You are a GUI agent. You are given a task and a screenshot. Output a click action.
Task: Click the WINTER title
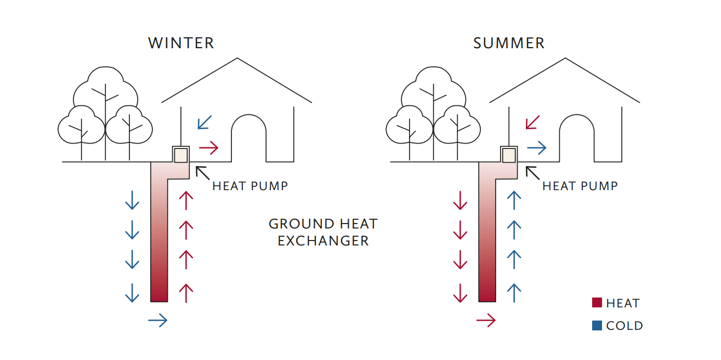pos(181,43)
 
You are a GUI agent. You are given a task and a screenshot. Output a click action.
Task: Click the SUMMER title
pos(509,43)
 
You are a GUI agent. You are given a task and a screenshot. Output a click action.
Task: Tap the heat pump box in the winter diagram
pos(181,155)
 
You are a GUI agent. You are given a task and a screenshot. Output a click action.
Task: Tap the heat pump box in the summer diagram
pos(509,155)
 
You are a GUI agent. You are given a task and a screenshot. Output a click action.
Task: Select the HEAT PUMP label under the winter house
pos(250,186)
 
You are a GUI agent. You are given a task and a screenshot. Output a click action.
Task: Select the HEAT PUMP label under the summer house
pos(580,186)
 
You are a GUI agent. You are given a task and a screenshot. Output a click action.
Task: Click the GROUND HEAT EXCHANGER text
pos(323,232)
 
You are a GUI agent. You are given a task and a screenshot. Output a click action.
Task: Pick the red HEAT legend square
pos(597,302)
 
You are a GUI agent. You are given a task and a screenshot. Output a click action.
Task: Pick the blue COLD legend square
pos(597,325)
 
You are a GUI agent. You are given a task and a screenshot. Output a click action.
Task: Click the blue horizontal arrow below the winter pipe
pos(158,320)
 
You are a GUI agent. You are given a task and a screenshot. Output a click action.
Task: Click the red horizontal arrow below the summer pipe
pos(486,320)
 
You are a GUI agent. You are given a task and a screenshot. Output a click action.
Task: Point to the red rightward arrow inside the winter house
pos(208,147)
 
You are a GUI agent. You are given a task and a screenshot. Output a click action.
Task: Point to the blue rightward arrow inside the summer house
pos(537,147)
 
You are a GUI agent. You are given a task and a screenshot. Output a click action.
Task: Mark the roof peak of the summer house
pos(565,59)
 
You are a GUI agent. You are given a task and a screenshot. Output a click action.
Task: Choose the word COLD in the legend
pos(625,326)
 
